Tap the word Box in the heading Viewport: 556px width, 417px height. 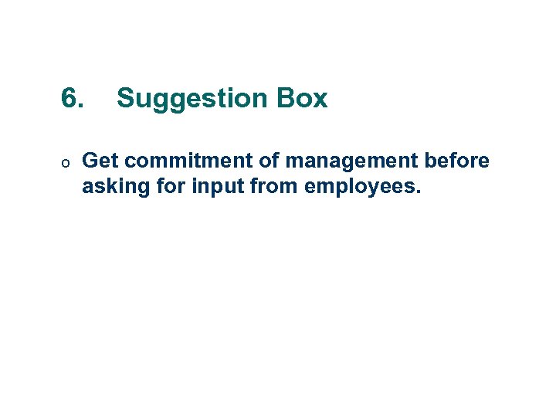303,99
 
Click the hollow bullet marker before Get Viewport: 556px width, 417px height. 67,163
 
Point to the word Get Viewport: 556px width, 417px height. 100,161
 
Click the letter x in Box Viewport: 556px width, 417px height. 320,101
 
